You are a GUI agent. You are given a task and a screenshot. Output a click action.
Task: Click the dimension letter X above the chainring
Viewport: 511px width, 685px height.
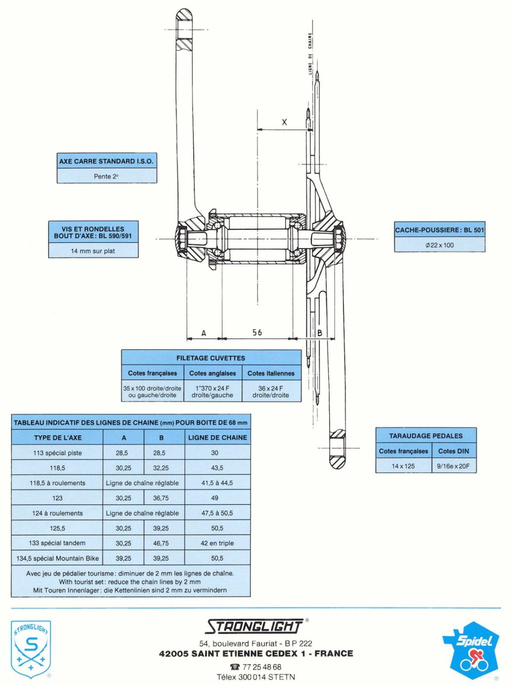click(284, 122)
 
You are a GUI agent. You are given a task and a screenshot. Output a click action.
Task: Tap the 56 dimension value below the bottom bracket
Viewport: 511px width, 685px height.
click(257, 332)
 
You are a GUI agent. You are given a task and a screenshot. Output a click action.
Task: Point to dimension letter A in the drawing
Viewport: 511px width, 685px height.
click(204, 333)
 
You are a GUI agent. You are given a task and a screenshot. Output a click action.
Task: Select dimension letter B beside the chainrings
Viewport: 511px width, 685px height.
click(320, 333)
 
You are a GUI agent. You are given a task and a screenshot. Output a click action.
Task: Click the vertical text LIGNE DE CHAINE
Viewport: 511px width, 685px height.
click(310, 54)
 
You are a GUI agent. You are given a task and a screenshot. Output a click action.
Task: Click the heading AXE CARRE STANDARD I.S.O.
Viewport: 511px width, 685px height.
click(106, 161)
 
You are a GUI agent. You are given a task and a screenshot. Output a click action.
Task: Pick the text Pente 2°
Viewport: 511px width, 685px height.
click(106, 176)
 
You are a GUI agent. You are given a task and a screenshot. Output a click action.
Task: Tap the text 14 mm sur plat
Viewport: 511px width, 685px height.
click(93, 251)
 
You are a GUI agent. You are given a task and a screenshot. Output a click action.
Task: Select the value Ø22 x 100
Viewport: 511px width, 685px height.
click(439, 245)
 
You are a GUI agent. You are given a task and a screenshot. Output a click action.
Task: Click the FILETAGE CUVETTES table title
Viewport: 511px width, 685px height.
click(211, 358)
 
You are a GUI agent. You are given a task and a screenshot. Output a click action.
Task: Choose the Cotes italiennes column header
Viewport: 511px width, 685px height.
click(271, 373)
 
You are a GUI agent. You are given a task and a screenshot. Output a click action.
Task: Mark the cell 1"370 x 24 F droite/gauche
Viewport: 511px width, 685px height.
click(212, 392)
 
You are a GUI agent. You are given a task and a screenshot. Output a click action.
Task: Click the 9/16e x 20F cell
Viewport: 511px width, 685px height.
click(453, 466)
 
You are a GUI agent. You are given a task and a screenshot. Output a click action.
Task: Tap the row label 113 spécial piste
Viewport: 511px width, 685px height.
click(57, 453)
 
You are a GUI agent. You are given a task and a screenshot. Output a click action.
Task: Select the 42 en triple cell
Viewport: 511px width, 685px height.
click(217, 543)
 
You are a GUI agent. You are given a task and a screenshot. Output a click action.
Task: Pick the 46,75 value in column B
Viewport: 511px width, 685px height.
click(161, 543)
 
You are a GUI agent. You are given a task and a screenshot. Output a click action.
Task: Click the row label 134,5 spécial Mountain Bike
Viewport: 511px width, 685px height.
click(57, 558)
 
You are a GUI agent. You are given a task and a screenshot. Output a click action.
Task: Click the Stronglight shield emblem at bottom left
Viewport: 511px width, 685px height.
click(31, 649)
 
